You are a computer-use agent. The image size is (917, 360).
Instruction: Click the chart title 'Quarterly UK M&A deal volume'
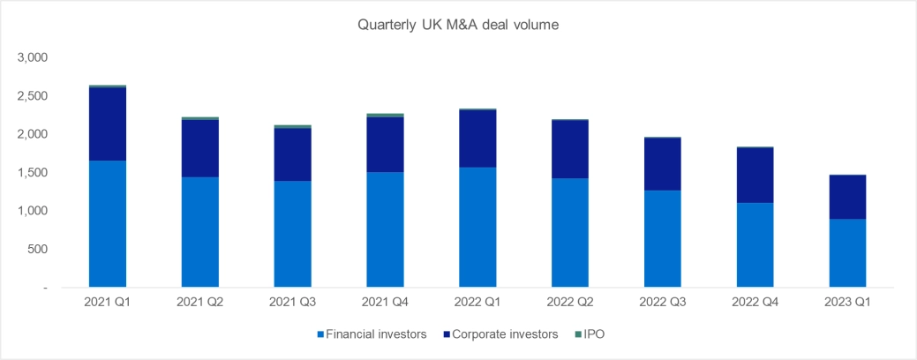pyautogui.click(x=458, y=25)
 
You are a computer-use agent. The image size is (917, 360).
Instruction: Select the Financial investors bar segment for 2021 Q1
pyautogui.click(x=106, y=224)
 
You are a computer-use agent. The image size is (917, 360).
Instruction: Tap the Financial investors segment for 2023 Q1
pyautogui.click(x=846, y=253)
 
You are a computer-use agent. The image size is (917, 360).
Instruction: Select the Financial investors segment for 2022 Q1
pyautogui.click(x=476, y=228)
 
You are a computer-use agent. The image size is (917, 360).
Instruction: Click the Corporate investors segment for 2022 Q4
pyautogui.click(x=754, y=176)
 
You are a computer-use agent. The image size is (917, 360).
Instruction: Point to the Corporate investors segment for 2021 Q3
pyautogui.click(x=291, y=155)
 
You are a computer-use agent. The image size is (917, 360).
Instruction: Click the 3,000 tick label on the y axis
pyautogui.click(x=33, y=57)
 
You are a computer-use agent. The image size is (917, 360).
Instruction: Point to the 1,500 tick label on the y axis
pyautogui.click(x=33, y=173)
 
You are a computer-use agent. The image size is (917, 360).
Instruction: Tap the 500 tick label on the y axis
pyautogui.click(x=37, y=250)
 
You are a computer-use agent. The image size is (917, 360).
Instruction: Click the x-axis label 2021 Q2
pyautogui.click(x=199, y=303)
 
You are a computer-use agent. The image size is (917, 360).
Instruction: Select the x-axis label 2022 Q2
pyautogui.click(x=568, y=303)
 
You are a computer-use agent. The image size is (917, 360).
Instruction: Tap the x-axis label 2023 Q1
pyautogui.click(x=846, y=303)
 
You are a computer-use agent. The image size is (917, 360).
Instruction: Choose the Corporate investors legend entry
pyautogui.click(x=501, y=335)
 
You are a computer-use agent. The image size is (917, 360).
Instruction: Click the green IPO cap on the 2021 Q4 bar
pyautogui.click(x=384, y=115)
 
